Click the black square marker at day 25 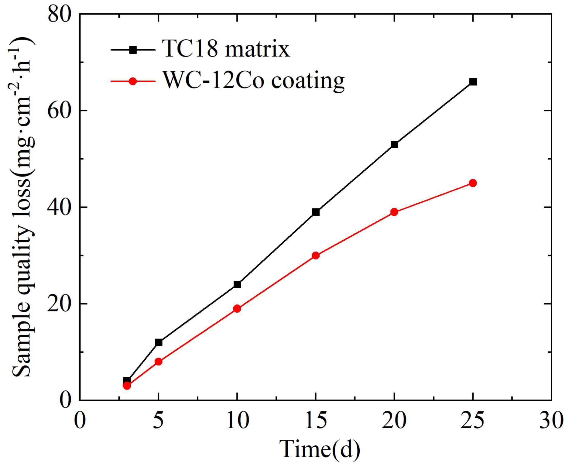[x=473, y=82]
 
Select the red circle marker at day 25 [x=473, y=183]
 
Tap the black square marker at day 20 [x=394, y=145]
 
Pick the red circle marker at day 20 [x=394, y=212]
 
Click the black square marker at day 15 [x=316, y=212]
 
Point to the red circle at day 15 [x=316, y=255]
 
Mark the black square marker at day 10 [x=237, y=284]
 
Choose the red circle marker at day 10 [x=237, y=309]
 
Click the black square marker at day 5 [x=159, y=342]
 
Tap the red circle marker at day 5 [x=159, y=362]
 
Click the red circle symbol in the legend [x=133, y=81]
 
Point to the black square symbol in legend [x=133, y=50]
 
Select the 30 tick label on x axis [x=551, y=421]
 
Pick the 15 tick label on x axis [x=316, y=421]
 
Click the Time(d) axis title [x=320, y=449]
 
